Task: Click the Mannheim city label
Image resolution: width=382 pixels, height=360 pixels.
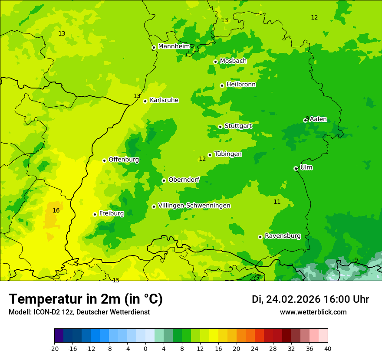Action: coord(174,46)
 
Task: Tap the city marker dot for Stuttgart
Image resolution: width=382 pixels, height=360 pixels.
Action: coord(220,127)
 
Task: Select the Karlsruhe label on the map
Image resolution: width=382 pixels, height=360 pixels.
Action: coord(164,100)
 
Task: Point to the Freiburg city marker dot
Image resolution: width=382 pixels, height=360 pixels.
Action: coord(95,214)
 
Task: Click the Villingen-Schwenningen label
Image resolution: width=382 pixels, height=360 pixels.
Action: coord(194,206)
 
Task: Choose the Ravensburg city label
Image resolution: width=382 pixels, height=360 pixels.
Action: coord(283,236)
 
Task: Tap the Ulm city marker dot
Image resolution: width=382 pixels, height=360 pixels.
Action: coord(296,168)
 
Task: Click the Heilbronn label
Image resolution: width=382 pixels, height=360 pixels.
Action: coord(241,85)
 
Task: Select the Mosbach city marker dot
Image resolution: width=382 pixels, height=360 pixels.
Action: coord(215,62)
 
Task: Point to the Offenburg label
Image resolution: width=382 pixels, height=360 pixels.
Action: coord(124,160)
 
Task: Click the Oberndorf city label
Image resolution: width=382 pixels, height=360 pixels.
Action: coord(184,180)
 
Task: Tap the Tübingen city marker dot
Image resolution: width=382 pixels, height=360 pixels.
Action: coord(210,155)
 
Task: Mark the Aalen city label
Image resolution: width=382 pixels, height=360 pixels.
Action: coord(318,119)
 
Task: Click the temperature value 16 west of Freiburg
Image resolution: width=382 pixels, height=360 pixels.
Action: coord(56,211)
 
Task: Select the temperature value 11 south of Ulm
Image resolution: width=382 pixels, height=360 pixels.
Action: coord(277,202)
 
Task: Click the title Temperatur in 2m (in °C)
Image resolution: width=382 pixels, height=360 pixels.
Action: coord(86,299)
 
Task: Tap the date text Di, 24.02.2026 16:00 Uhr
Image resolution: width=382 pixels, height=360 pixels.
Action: coord(310,299)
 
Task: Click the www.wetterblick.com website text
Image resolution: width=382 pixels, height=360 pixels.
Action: coord(313,312)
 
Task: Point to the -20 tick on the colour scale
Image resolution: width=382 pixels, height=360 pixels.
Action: coord(54,348)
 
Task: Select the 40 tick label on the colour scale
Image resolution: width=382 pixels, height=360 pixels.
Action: coord(327,348)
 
